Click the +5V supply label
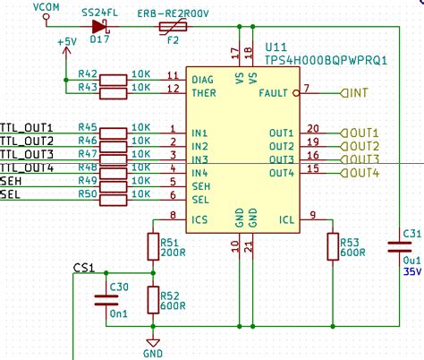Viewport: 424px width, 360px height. click(x=65, y=42)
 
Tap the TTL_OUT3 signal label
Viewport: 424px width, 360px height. click(x=28, y=155)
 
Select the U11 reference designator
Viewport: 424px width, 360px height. click(x=276, y=45)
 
